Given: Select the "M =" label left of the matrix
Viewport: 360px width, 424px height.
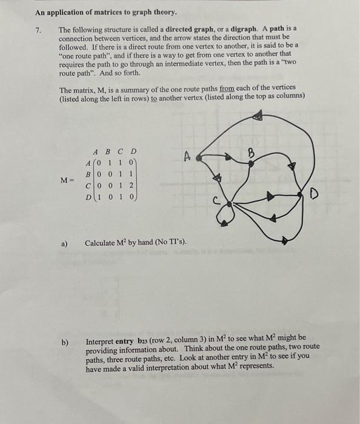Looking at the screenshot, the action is (x=68, y=180).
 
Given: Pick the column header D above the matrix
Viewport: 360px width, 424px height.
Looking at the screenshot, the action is (x=132, y=151).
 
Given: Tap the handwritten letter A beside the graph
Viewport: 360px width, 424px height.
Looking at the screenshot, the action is (x=187, y=157).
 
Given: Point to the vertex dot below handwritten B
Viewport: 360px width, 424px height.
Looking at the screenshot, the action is (x=249, y=161).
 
